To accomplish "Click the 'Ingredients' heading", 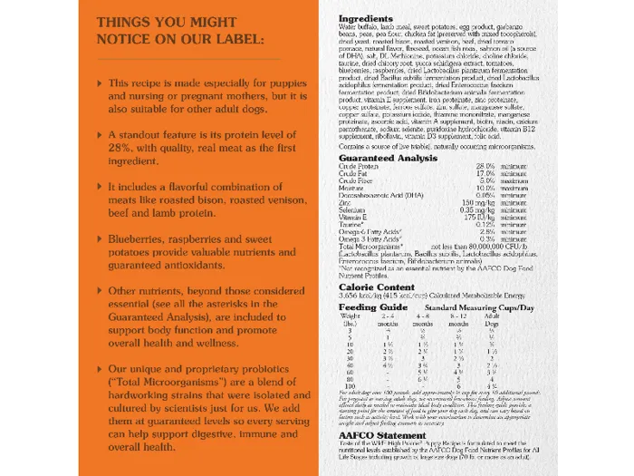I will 366,18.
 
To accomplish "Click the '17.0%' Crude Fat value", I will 485,173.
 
